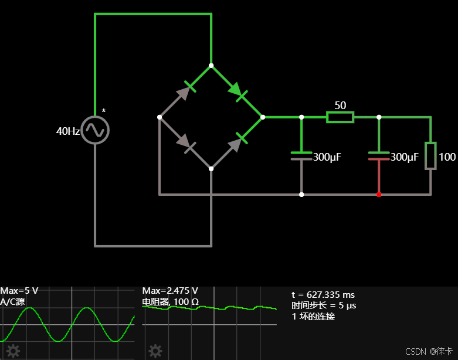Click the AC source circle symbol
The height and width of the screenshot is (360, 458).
[95, 130]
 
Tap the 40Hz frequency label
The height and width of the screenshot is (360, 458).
[67, 131]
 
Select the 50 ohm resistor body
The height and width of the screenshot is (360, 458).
[340, 117]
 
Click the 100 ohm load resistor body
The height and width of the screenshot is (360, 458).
[431, 155]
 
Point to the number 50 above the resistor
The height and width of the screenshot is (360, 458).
[340, 106]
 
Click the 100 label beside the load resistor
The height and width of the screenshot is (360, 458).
[447, 157]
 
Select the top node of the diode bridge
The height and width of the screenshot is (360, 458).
[211, 66]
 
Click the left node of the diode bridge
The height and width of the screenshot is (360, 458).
[160, 117]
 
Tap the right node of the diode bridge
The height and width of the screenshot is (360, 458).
[263, 117]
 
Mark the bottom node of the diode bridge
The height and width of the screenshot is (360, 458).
[211, 169]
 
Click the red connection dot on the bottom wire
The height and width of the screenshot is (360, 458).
[379, 194]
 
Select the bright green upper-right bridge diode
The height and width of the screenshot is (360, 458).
[238, 91]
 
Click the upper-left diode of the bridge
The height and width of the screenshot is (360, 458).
[186, 90]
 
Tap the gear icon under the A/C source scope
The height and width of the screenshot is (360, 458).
[13, 351]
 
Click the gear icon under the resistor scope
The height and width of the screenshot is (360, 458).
[155, 351]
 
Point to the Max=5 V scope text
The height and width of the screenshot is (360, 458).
[19, 291]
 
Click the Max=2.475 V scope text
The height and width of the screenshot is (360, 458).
[170, 291]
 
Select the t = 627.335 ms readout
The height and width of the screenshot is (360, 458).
[323, 295]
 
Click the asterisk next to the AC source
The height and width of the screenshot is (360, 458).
[104, 111]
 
